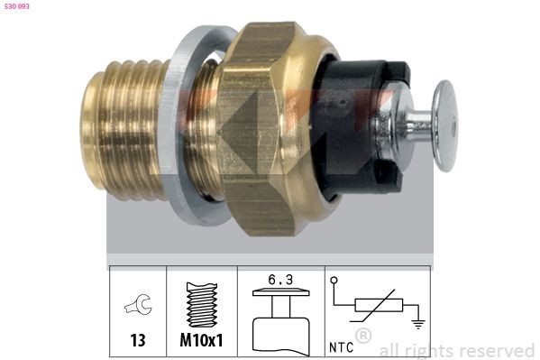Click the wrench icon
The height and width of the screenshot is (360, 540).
pyautogui.click(x=137, y=308)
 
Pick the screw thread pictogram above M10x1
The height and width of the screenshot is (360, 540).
pyautogui.click(x=202, y=303)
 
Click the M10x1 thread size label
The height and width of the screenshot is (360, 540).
pyautogui.click(x=202, y=343)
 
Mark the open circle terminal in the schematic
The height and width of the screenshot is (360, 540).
pyautogui.click(x=335, y=282)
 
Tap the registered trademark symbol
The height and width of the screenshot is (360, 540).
pyautogui.click(x=363, y=337)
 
